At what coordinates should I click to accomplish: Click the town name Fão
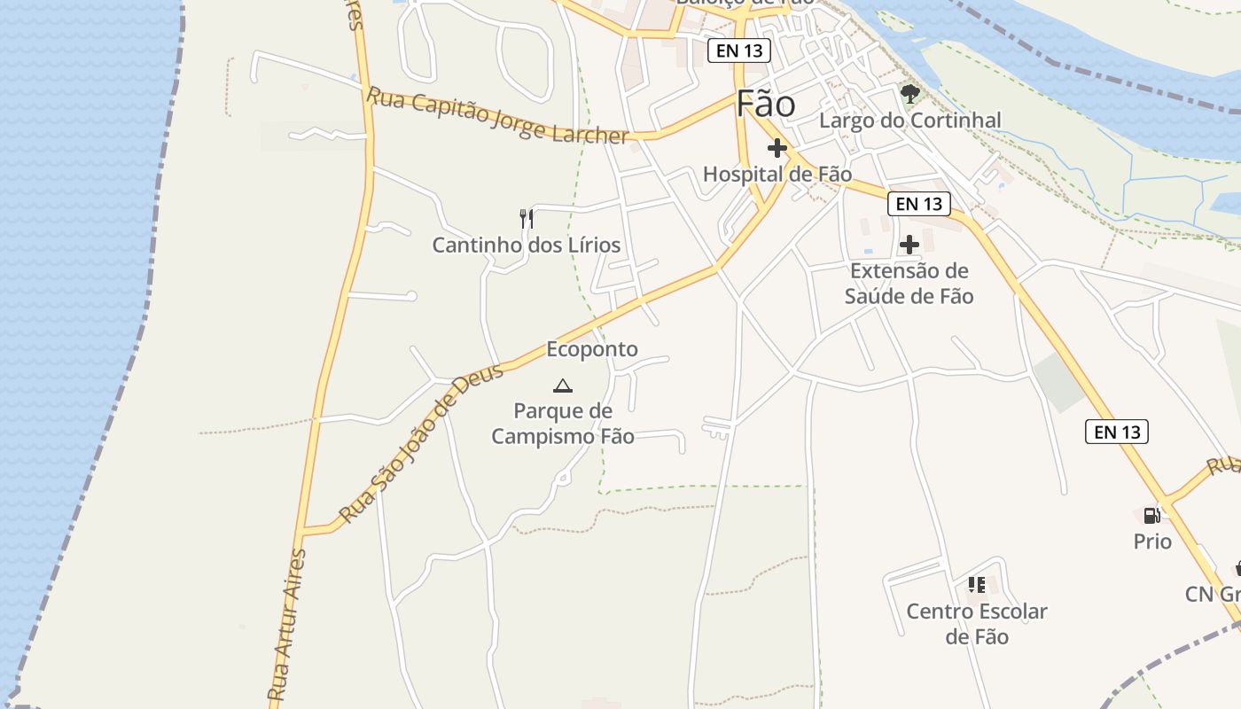click(x=766, y=105)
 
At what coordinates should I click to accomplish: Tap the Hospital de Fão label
click(x=777, y=175)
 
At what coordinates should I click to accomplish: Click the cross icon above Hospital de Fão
click(x=777, y=148)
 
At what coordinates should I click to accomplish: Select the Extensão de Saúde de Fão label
click(x=909, y=284)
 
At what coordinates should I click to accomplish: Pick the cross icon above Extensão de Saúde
click(x=909, y=245)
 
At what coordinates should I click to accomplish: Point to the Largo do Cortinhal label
click(x=910, y=121)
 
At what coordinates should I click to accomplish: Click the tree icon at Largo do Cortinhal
click(x=909, y=93)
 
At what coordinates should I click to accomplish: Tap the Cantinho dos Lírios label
click(x=527, y=245)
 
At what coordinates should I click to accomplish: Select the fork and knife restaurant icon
click(x=527, y=218)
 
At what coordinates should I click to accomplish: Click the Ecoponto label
click(x=592, y=349)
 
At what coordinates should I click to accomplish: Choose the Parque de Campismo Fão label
click(x=563, y=424)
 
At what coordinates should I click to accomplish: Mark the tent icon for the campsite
click(x=562, y=386)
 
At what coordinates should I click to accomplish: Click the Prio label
click(x=1152, y=541)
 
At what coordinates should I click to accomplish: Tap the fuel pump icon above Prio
click(x=1151, y=515)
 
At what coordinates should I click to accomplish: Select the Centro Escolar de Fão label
click(x=977, y=624)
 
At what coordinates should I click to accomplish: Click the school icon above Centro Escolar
click(x=977, y=585)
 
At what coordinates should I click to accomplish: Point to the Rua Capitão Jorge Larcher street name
click(x=498, y=115)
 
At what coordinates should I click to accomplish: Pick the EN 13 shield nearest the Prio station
click(x=1117, y=432)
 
